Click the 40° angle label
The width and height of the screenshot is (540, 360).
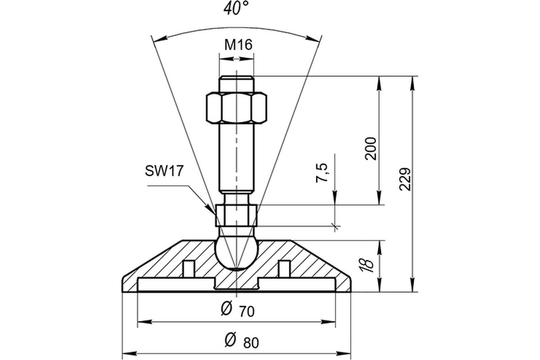tap(236, 9)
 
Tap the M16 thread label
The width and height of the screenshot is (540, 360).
tap(238, 45)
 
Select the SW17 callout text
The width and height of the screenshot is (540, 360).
tap(164, 171)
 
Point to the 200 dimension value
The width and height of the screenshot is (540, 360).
tap(370, 148)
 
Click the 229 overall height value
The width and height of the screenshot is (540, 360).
tap(405, 179)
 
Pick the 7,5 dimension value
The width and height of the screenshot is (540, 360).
tap(322, 173)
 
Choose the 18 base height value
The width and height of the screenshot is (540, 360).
tap(367, 266)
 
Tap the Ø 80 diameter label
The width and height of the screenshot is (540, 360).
tap(242, 341)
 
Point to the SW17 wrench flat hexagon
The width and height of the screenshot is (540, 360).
tap(237, 215)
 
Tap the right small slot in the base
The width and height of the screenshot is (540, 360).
tap(284, 269)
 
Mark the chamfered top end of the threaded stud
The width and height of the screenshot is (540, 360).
tap(237, 78)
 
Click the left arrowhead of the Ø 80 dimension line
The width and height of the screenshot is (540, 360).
tap(130, 354)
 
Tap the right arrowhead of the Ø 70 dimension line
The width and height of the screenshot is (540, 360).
tap(328, 322)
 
